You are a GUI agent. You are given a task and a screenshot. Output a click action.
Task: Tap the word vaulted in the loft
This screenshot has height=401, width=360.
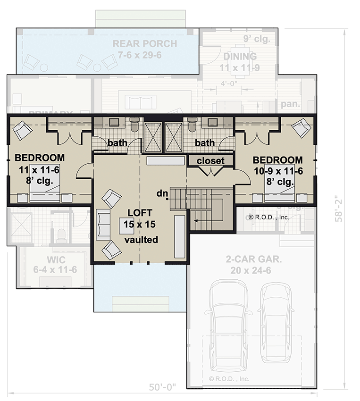141,240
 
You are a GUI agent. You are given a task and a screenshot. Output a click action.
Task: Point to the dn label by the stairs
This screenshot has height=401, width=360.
163,193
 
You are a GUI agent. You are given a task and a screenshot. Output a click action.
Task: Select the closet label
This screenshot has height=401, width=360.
210,161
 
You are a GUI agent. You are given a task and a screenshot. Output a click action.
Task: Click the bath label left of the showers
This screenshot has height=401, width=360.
117,142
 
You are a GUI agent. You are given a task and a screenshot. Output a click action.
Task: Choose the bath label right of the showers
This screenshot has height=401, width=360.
205,142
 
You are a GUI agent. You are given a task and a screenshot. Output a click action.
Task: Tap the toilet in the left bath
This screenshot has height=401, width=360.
134,125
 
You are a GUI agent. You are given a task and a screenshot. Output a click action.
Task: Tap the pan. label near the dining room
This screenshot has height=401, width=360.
287,104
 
